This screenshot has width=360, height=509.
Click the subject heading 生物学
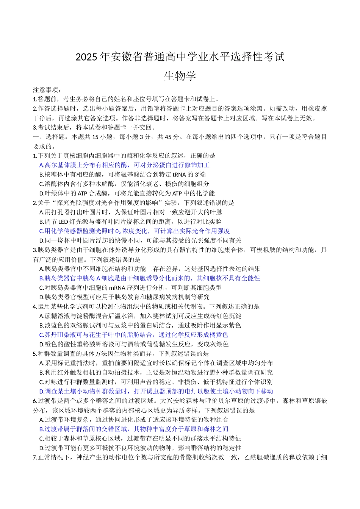tap(180, 76)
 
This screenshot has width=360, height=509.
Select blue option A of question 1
tap(124, 165)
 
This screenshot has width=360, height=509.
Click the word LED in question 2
tap(63, 222)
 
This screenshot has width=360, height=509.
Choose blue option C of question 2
tap(135, 231)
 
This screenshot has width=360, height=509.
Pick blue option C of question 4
tap(134, 335)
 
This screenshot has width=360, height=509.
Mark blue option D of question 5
tap(156, 391)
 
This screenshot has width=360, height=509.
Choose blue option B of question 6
tap(134, 429)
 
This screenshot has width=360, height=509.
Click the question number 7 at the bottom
tap(35, 457)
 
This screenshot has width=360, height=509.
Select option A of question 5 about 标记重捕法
tap(156, 363)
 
